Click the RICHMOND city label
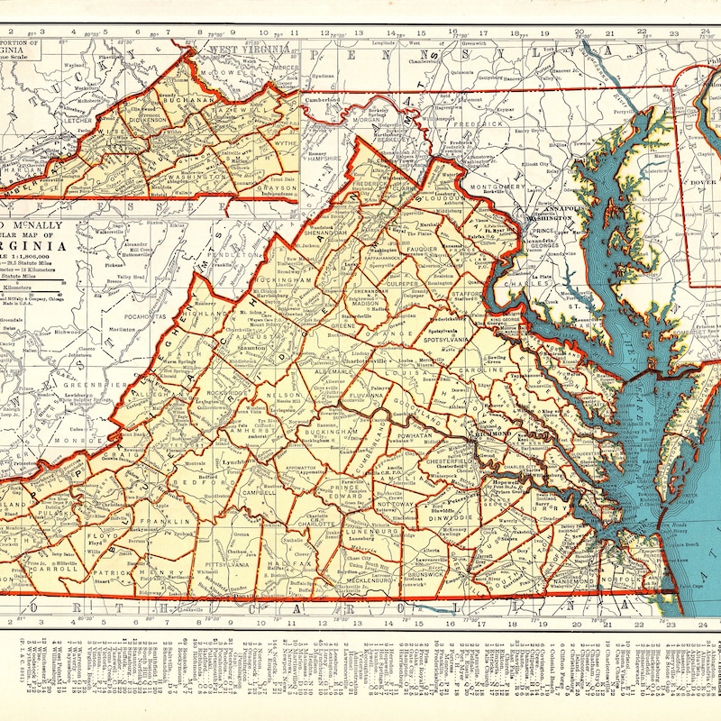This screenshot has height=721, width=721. click(494, 434)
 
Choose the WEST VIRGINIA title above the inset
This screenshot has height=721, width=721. click(242, 49)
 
